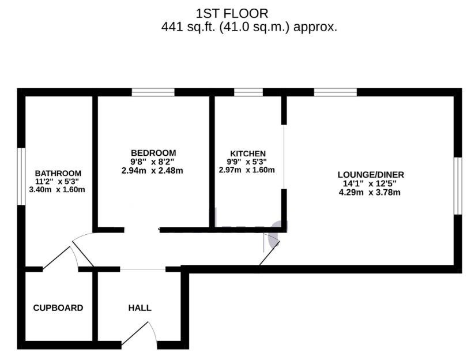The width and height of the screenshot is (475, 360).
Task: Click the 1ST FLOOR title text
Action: click(232, 13)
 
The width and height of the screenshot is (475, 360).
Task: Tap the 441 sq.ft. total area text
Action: click(249, 27)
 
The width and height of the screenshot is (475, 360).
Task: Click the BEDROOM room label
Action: click(153, 153)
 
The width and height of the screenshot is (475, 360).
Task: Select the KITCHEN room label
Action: click(248, 153)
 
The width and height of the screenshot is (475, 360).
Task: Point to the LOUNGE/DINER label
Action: click(371, 175)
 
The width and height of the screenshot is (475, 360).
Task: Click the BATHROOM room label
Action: click(58, 173)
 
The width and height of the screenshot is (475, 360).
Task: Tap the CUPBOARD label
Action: click(58, 308)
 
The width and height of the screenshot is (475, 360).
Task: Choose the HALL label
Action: click(140, 308)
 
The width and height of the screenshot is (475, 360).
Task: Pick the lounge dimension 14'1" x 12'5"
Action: click(371, 184)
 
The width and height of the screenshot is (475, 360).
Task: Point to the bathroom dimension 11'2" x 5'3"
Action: click(58, 182)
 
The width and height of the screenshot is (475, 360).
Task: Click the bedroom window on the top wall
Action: click(153, 92)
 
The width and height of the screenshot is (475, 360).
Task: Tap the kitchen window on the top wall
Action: click(248, 92)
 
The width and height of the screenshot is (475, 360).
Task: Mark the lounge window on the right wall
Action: click(458, 186)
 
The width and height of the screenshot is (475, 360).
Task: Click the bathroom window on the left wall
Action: click(21, 176)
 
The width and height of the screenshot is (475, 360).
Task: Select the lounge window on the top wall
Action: click(335, 92)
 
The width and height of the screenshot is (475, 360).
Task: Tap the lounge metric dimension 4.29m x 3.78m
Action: click(371, 192)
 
